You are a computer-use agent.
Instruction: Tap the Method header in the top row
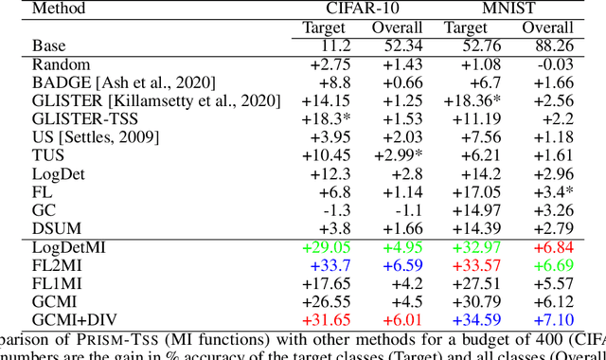pyautogui.click(x=58, y=9)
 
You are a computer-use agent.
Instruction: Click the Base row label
pyautogui.click(x=49, y=45)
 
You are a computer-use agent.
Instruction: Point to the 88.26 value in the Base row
pyautogui.click(x=551, y=45)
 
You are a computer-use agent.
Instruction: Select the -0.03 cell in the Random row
pyautogui.click(x=555, y=63)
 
